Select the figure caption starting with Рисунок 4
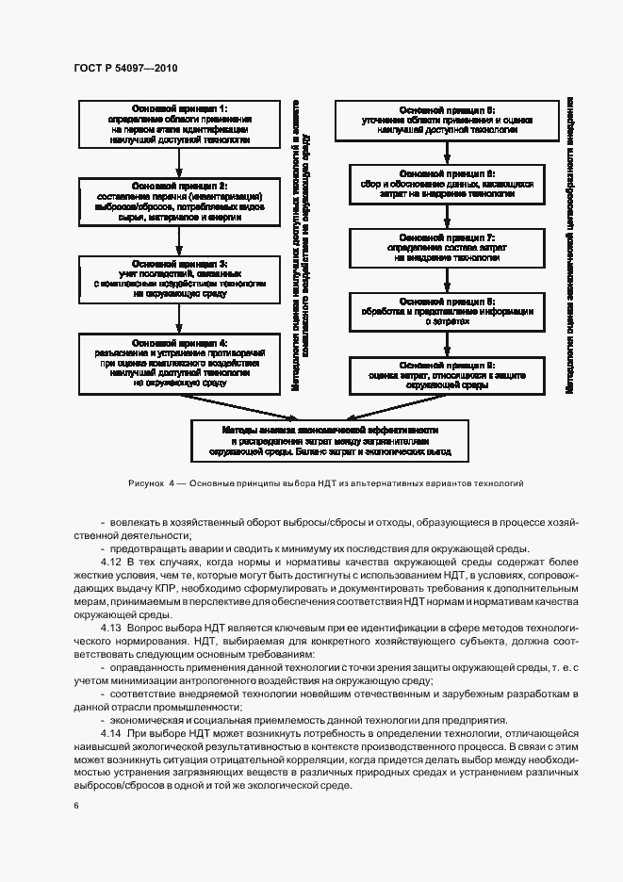click(325, 482)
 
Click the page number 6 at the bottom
click(76, 806)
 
